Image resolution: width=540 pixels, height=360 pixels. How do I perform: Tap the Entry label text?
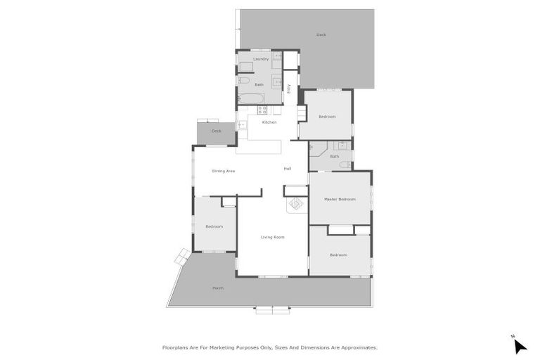pos(289,89)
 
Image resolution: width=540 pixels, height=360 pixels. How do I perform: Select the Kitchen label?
pos(269,122)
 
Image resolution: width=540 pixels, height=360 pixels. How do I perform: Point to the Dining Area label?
pos(224,171)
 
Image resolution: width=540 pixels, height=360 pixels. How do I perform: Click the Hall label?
pos(288,169)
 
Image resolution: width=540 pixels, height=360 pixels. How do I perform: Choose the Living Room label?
pos(273,237)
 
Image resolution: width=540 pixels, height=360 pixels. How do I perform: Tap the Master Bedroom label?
pos(340,200)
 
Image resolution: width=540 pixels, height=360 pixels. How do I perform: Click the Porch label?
pos(218,288)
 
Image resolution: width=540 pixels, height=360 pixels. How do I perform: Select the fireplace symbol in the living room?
pos(296,204)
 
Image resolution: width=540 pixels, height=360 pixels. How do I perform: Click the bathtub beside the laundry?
pos(250,98)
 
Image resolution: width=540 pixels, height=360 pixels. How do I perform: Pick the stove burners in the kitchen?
pos(262,110)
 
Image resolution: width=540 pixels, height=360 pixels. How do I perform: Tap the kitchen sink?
pos(242,124)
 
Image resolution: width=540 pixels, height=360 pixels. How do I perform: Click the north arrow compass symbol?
pos(520,346)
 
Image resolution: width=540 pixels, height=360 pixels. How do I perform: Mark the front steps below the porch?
pos(272,309)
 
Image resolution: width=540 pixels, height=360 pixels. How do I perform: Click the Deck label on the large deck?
pos(321,34)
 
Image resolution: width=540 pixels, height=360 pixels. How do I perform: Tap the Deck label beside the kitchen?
pos(217,131)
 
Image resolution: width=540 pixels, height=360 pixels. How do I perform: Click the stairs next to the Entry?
pos(302,114)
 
